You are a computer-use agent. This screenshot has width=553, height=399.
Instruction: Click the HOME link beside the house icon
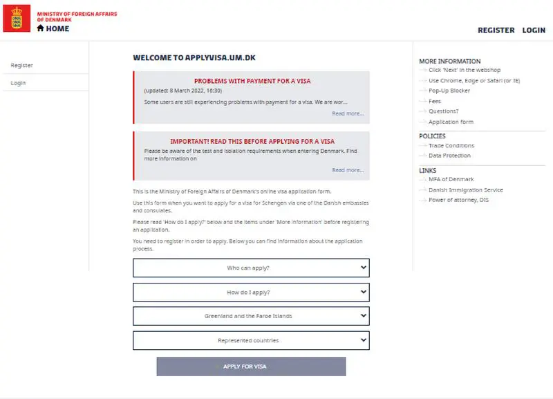[x=57, y=29]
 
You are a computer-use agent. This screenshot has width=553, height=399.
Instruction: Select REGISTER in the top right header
[x=496, y=30]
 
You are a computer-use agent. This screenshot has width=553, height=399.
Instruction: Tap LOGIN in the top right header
[x=534, y=30]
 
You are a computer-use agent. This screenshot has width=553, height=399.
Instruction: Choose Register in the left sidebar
[x=22, y=66]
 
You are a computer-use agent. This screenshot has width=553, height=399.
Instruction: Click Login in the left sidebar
[x=19, y=83]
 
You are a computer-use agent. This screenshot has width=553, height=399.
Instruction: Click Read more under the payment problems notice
[x=347, y=113]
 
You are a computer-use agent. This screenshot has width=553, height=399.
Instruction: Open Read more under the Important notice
[x=347, y=170]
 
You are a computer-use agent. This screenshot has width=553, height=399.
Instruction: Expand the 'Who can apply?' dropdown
[x=251, y=268]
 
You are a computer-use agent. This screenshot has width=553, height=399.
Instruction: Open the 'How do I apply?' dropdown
[x=251, y=292]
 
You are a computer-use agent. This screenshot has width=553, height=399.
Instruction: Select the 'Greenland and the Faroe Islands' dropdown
[x=251, y=316]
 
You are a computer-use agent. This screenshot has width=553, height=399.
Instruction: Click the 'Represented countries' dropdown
[x=251, y=340]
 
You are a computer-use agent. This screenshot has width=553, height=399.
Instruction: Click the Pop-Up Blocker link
[x=449, y=91]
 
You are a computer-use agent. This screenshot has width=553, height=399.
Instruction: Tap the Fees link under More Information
[x=435, y=101]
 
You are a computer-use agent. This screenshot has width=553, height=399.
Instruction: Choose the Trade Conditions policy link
[x=451, y=146]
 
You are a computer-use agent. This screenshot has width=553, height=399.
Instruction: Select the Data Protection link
[x=449, y=156]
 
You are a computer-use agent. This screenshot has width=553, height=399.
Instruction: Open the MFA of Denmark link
[x=451, y=180]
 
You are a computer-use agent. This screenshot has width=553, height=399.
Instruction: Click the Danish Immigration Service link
[x=466, y=190]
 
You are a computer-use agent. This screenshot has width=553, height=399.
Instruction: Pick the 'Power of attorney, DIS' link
[x=459, y=200]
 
